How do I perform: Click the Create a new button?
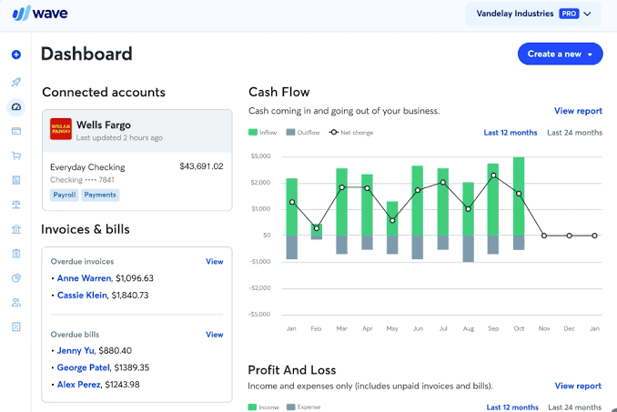tap(560, 54)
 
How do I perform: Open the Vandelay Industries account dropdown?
tap(533, 14)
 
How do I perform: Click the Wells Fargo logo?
tap(61, 129)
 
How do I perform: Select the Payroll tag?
tap(65, 195)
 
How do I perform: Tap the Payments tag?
tap(100, 195)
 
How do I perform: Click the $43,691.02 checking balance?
tap(201, 166)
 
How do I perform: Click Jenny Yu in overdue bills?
tap(76, 350)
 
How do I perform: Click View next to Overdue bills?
tap(214, 334)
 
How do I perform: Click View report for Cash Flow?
tap(578, 111)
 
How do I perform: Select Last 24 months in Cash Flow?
tap(574, 133)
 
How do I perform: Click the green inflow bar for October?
tap(519, 196)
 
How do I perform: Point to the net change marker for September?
tap(493, 176)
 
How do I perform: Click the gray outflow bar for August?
tap(468, 248)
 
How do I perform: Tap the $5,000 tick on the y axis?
tap(261, 156)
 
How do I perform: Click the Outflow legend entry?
tap(304, 133)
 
